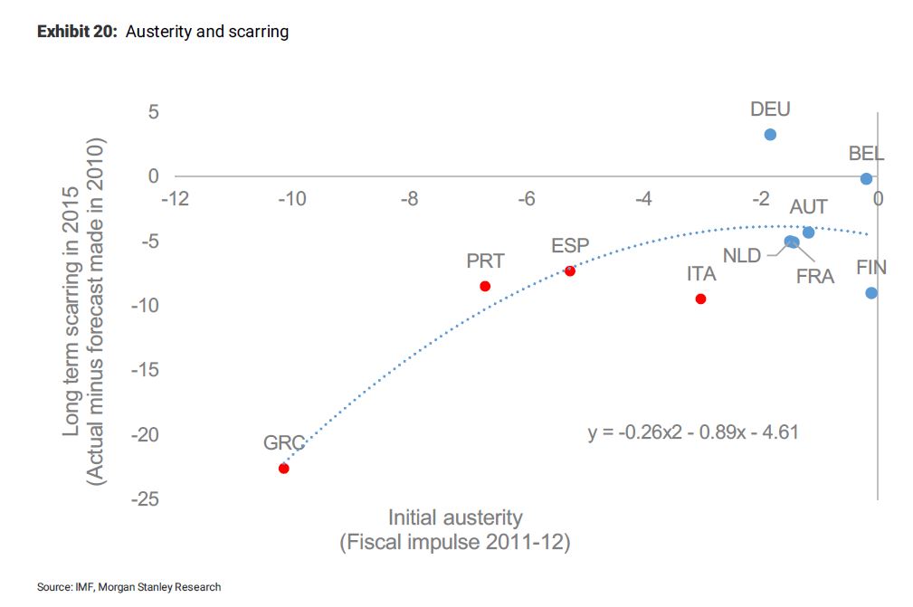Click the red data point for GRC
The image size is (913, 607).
283,468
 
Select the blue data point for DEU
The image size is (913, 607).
770,135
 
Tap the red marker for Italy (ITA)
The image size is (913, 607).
700,299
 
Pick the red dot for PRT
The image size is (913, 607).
485,286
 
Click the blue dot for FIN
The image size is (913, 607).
870,293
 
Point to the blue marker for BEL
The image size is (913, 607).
866,179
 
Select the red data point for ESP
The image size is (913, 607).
570,270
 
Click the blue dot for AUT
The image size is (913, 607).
808,232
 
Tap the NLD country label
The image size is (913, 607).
741,256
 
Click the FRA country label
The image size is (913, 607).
814,277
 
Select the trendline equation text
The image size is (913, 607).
693,432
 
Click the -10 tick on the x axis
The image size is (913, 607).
291,198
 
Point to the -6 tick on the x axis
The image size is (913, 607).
527,198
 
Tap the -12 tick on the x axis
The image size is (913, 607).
174,198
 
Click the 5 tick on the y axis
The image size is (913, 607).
153,111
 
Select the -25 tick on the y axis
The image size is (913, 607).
147,499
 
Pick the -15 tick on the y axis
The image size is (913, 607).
147,370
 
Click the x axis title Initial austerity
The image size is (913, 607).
455,518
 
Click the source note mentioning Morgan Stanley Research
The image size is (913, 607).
128,587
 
